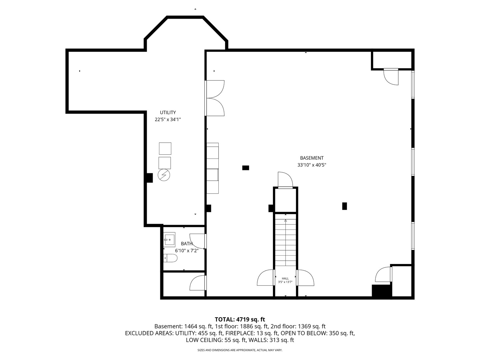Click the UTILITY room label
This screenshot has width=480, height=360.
click(x=168, y=112)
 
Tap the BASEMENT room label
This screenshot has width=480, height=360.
click(x=312, y=158)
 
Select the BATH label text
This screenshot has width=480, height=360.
click(x=187, y=243)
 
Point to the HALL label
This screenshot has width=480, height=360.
click(x=285, y=278)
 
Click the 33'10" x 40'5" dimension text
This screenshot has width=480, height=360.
click(x=312, y=165)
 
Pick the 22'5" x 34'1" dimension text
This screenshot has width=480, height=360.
click(x=168, y=120)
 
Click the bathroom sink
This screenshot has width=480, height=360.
click(x=169, y=239)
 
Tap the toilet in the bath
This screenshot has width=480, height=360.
click(x=170, y=258)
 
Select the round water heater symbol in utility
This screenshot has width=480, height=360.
click(x=164, y=175)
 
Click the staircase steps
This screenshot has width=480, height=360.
click(x=285, y=240)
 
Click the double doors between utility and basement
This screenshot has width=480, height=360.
click(x=215, y=98)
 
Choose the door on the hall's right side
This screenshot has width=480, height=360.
click(x=305, y=278)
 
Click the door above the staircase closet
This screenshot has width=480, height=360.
click(x=285, y=180)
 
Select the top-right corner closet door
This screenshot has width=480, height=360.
click(x=391, y=77)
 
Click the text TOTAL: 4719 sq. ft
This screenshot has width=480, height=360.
click(x=240, y=320)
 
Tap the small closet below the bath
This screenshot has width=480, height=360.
click(x=184, y=284)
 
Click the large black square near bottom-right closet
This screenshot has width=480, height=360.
click(x=381, y=291)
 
